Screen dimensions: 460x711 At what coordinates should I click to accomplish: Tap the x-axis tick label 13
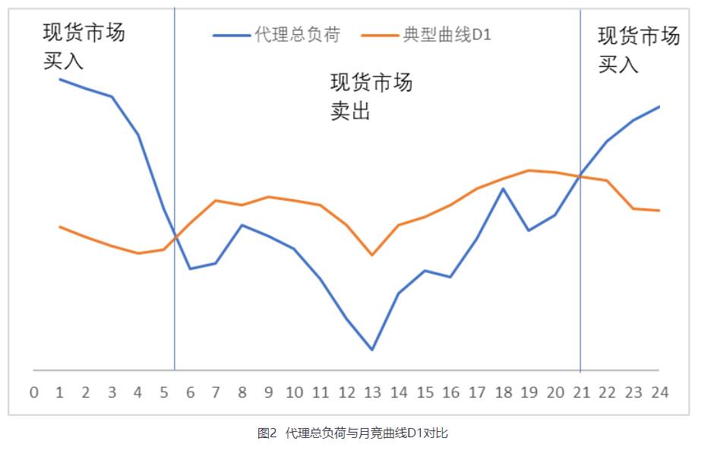click(372, 392)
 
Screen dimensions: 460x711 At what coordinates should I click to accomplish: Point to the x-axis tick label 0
click(33, 392)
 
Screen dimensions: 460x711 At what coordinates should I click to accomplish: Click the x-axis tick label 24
click(659, 392)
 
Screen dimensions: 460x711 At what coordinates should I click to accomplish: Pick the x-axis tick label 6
click(190, 392)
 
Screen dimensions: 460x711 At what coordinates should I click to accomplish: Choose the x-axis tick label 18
click(503, 392)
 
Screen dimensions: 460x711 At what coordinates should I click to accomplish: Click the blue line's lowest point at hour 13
click(372, 350)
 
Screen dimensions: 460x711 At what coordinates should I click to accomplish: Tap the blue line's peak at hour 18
click(503, 188)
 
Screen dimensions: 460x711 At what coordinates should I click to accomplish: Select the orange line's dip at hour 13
click(372, 255)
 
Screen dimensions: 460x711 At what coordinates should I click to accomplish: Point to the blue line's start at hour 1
click(60, 79)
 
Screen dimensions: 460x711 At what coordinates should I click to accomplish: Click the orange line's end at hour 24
click(659, 211)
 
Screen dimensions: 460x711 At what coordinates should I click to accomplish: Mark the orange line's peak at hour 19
click(529, 170)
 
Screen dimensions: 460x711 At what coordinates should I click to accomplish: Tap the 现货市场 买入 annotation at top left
click(84, 47)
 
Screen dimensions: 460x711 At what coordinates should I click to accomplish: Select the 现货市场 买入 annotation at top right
click(638, 50)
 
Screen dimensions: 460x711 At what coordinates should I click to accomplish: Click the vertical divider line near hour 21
click(580, 266)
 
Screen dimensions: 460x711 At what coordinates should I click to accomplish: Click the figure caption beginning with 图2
click(352, 434)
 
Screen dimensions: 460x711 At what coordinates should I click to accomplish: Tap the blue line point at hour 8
click(242, 225)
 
